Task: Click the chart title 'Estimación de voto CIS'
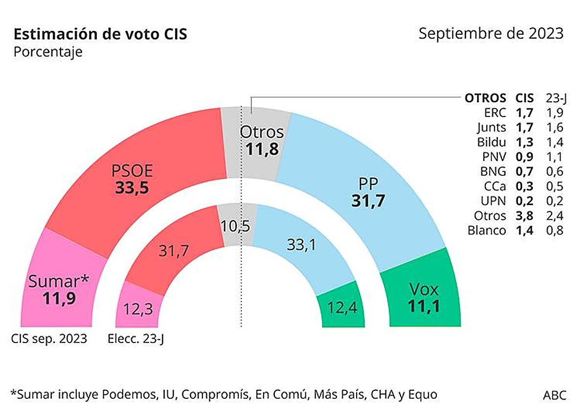100,35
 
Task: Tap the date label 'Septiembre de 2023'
491,34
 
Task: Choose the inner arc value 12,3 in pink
138,310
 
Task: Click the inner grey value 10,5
235,226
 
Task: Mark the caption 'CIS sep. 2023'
49,339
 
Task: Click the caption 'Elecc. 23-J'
135,339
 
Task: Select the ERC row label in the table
495,113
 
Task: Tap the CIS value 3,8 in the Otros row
525,215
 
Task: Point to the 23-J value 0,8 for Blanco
554,230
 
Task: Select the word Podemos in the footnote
121,394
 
